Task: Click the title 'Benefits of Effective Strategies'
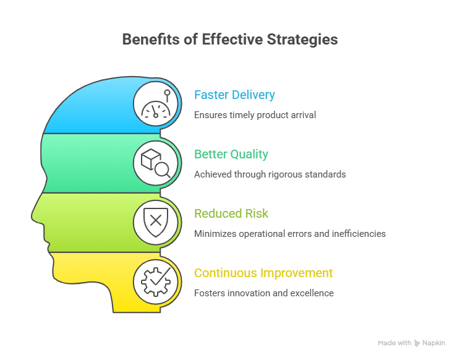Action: click(229, 40)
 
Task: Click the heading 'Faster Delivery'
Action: click(234, 95)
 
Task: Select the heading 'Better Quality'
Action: click(231, 154)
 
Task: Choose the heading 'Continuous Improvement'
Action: click(263, 273)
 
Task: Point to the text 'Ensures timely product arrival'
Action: click(255, 115)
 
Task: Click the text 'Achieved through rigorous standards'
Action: click(270, 174)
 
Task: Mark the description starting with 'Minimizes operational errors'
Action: click(289, 234)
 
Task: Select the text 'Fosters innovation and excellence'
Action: click(263, 293)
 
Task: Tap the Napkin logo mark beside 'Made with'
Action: click(418, 343)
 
